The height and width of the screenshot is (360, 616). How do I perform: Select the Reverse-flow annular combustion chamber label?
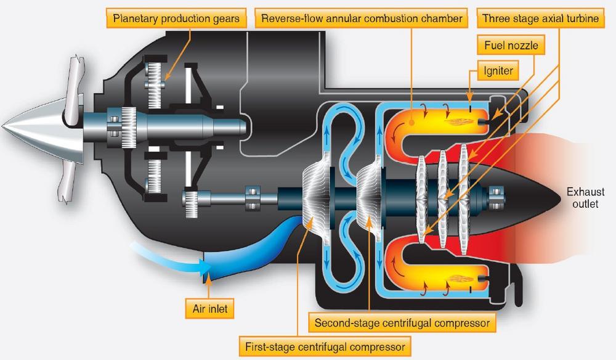[x=361, y=18]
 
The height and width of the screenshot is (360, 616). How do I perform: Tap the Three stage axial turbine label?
[x=540, y=18]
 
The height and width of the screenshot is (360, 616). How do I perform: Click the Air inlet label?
[x=209, y=308]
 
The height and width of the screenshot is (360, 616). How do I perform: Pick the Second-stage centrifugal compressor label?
[x=402, y=322]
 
